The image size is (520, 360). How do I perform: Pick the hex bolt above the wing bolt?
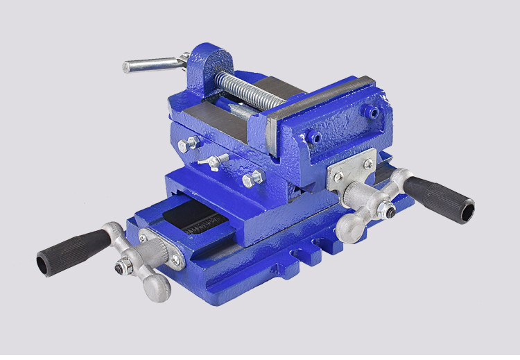tap(189, 145)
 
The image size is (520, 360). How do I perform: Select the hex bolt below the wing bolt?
tap(253, 179)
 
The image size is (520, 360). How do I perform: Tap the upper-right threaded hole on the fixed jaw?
tap(373, 111)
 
